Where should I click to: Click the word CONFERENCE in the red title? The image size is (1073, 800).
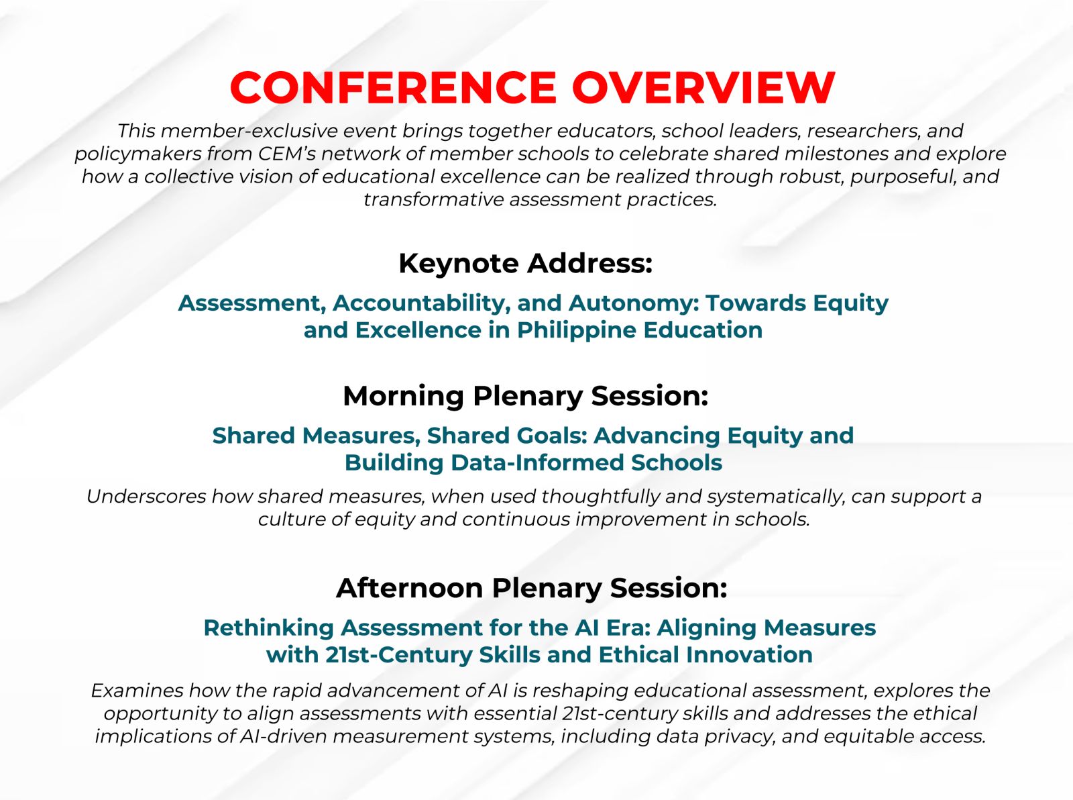(x=393, y=88)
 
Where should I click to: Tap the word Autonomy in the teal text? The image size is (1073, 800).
(x=633, y=303)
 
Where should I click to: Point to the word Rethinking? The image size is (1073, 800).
(x=268, y=628)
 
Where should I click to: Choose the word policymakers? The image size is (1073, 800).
(x=138, y=154)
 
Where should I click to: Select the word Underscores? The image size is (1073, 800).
(x=146, y=497)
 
